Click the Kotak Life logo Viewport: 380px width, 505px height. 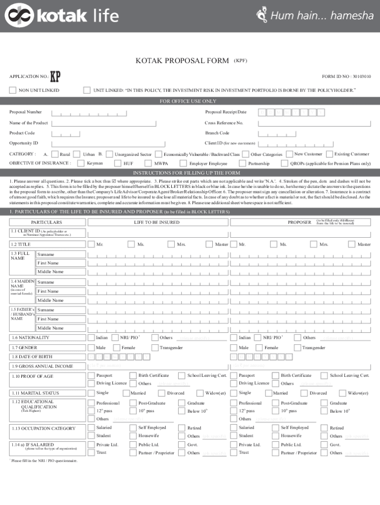[x=62, y=16]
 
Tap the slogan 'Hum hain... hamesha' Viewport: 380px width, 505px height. [x=316, y=16]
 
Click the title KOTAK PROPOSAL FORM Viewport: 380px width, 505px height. [x=182, y=61]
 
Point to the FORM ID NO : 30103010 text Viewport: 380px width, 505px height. [x=346, y=76]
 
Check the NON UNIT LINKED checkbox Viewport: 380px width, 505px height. [x=13, y=90]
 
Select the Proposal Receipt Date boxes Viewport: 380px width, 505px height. [x=292, y=112]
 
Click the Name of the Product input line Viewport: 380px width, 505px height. [x=123, y=123]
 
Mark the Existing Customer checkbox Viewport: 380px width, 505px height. [x=331, y=154]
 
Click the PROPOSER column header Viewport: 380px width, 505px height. [x=300, y=222]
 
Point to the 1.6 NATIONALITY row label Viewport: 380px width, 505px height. [x=30, y=337]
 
